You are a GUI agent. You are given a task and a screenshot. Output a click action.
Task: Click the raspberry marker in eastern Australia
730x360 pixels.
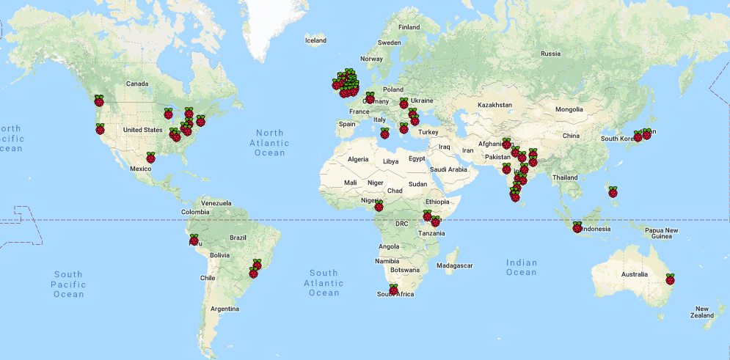[669, 279]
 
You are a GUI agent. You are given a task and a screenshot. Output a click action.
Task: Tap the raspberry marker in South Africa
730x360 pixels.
[393, 290]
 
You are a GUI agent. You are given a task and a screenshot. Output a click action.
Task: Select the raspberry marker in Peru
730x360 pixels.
[194, 240]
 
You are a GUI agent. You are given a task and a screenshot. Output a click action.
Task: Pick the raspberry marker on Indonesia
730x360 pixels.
[577, 227]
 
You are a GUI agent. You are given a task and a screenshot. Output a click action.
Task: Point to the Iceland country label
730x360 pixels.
[315, 40]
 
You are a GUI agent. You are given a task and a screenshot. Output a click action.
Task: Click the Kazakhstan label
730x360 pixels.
[495, 106]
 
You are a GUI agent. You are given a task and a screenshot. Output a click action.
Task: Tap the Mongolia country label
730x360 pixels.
[569, 109]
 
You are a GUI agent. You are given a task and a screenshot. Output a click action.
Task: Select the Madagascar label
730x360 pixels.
[454, 265]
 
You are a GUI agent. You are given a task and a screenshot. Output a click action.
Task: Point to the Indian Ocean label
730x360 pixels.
[521, 267]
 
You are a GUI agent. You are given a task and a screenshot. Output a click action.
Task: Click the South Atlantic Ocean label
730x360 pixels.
[324, 282]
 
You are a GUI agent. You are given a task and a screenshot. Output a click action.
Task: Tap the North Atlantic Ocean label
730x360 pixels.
[270, 143]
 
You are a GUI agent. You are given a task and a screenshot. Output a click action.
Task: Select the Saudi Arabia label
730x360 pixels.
[448, 169]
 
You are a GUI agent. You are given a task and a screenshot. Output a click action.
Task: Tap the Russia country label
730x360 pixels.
[550, 54]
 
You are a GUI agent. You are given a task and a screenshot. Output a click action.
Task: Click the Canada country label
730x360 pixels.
[137, 84]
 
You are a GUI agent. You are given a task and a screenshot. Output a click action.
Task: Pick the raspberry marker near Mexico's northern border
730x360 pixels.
[150, 158]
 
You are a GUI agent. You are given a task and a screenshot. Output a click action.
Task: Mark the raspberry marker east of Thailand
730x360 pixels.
[613, 192]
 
